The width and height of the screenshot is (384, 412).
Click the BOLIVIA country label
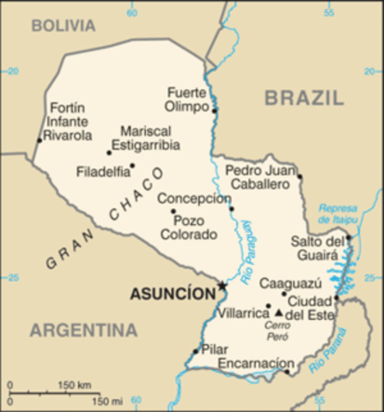64,26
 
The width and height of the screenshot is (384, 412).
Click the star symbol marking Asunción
222,286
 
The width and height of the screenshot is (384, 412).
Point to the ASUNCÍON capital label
173,294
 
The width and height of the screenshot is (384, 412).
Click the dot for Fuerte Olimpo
215,110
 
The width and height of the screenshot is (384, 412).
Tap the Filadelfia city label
103,170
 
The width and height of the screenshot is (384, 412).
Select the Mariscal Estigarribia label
150,138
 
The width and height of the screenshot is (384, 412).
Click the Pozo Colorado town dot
173,211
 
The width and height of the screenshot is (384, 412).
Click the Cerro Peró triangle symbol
277,312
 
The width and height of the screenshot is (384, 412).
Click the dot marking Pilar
198,351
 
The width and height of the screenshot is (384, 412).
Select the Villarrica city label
241,314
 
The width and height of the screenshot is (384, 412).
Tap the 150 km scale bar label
75,385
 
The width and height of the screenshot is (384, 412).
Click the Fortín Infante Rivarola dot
39,140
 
